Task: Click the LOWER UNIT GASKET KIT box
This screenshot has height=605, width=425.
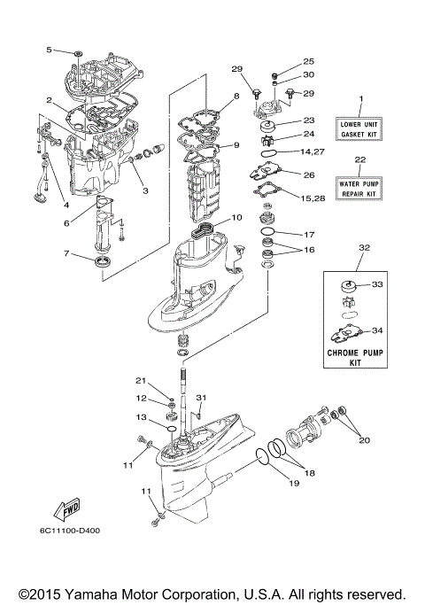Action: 360,130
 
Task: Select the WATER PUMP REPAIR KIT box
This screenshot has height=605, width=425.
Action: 360,189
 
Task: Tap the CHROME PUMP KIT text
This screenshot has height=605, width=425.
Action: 360,357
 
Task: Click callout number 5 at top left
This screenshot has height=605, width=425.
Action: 50,49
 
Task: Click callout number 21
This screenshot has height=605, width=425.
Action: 140,381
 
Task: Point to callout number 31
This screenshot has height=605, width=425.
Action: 201,398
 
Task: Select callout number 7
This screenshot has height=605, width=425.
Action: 66,254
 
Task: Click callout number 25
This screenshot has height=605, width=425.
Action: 308,61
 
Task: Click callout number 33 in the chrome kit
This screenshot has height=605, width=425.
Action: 377,284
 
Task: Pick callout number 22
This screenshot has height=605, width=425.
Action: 359,160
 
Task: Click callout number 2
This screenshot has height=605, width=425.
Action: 50,100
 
